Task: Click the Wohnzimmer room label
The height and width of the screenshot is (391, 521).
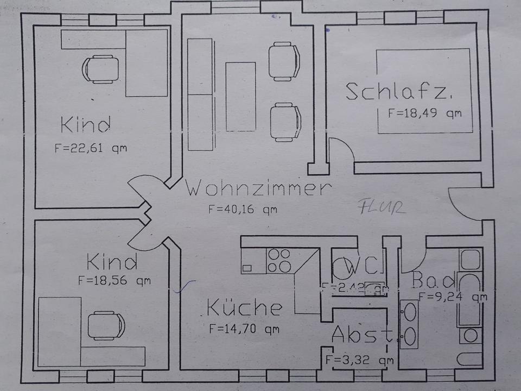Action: click(258, 189)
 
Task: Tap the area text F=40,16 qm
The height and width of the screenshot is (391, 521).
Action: click(243, 209)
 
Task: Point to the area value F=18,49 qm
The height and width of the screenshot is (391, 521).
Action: click(424, 113)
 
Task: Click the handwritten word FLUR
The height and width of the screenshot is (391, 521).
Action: click(382, 207)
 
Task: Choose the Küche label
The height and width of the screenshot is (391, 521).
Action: click(244, 308)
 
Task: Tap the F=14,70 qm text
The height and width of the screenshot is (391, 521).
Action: click(244, 328)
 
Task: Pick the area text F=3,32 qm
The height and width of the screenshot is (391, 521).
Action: click(359, 360)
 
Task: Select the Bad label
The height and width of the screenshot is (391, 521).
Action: click(434, 280)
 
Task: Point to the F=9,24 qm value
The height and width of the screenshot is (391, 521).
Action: click(453, 297)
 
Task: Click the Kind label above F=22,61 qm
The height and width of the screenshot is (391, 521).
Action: click(86, 125)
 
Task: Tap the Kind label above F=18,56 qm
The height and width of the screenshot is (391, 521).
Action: click(112, 263)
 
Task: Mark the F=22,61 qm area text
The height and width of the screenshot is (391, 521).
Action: click(91, 148)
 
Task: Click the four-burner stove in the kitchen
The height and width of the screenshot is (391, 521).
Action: click(279, 260)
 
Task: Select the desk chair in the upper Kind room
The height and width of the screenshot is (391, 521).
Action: click(100, 69)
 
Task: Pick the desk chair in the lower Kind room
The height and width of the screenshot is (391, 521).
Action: click(106, 325)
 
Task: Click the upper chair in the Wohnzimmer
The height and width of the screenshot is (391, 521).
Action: click(284, 61)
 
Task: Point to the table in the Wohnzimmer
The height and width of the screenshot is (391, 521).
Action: click(240, 97)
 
